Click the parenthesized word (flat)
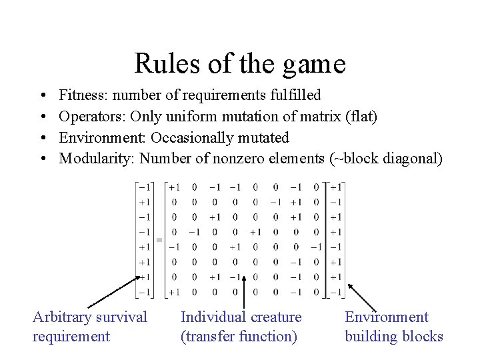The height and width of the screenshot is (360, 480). pos(361,117)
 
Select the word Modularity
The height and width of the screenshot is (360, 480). pos(94,159)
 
